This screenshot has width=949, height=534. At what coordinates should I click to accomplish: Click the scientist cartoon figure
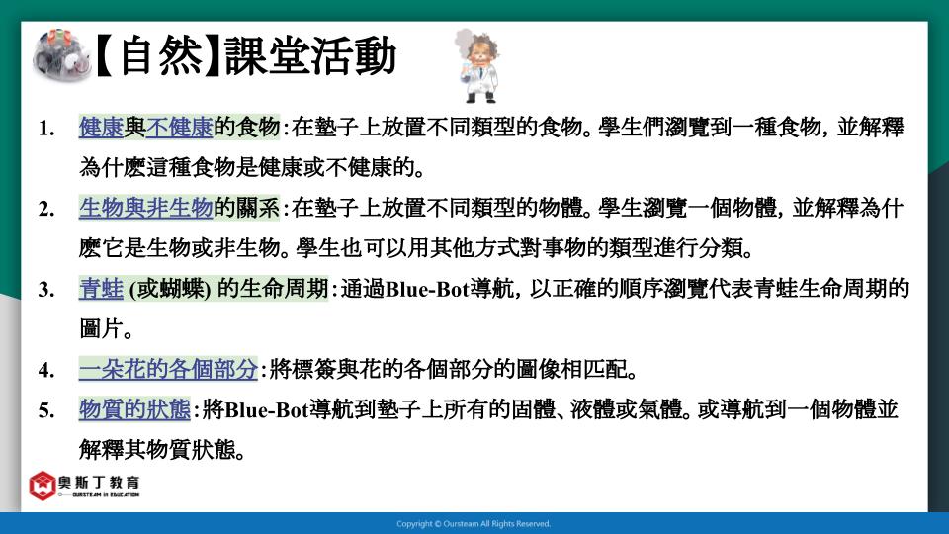(x=478, y=65)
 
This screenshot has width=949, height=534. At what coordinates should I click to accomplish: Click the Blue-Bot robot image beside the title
(x=61, y=55)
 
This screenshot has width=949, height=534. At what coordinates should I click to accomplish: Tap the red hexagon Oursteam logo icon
(x=42, y=486)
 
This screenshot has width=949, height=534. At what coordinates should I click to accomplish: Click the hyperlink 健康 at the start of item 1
(x=101, y=128)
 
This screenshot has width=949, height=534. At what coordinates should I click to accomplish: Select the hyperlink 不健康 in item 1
(x=179, y=128)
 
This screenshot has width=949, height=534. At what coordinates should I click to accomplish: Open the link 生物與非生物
(x=146, y=208)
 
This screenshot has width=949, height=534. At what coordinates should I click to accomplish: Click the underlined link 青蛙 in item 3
(x=101, y=289)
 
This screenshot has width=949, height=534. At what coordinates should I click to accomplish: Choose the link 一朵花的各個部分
(x=168, y=369)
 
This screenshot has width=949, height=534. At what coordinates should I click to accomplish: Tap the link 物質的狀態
(x=134, y=409)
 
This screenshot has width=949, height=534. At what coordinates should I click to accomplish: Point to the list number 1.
(x=46, y=129)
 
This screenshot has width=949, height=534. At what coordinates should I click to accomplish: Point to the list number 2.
(x=46, y=209)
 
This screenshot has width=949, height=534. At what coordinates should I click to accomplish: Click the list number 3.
(x=46, y=290)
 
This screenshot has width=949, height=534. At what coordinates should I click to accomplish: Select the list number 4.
(x=46, y=371)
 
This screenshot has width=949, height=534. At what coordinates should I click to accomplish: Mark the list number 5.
(x=46, y=411)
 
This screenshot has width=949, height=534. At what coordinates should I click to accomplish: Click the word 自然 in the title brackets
(x=161, y=55)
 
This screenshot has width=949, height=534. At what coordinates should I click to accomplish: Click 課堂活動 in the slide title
(x=310, y=55)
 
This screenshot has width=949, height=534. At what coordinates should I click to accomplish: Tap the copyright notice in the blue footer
(x=474, y=524)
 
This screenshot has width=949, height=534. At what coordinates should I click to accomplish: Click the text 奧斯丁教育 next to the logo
(x=99, y=482)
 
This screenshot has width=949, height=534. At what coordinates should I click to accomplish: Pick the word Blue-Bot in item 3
(x=427, y=290)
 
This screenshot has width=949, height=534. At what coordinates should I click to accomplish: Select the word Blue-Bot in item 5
(x=267, y=410)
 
